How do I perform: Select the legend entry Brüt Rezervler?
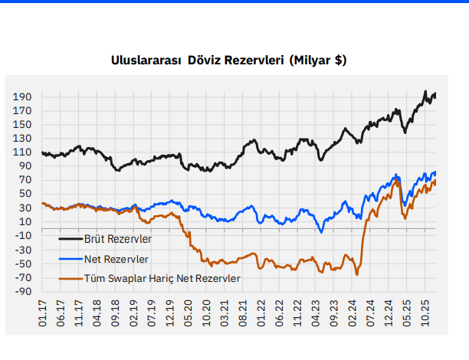[118, 240]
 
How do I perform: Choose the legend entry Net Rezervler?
[116, 259]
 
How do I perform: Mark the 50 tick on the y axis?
[24, 194]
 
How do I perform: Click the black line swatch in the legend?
[73, 240]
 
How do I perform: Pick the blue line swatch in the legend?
[73, 259]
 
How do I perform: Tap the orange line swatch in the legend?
[73, 278]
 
